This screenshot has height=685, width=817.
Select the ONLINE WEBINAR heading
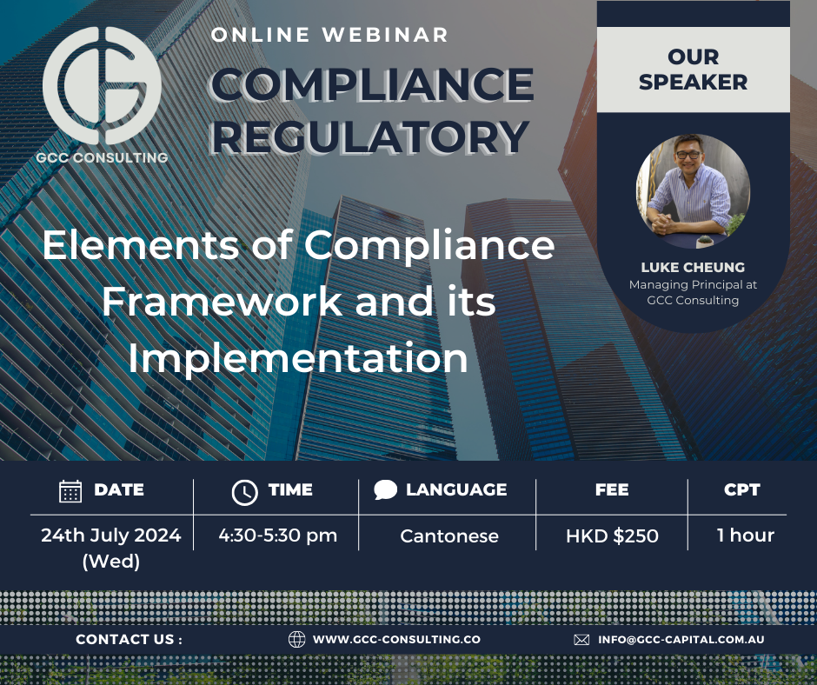click(x=330, y=36)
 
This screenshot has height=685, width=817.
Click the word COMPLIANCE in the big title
click(x=372, y=85)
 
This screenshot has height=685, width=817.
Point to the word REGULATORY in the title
click(x=369, y=136)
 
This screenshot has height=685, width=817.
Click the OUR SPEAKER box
click(x=694, y=70)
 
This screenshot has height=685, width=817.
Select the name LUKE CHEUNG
click(x=693, y=267)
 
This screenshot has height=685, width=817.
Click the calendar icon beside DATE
click(x=70, y=491)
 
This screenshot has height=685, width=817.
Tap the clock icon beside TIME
click(x=245, y=492)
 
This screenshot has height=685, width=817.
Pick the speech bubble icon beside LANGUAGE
click(x=385, y=490)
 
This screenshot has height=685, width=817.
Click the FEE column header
click(x=612, y=490)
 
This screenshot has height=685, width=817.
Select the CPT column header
click(x=741, y=490)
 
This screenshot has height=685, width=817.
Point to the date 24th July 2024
click(x=111, y=535)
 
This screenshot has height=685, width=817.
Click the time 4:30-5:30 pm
click(x=278, y=535)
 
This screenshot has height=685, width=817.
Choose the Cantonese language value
click(x=449, y=536)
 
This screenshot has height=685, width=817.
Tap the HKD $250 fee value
click(x=612, y=536)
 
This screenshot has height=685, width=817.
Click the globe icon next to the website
click(x=296, y=640)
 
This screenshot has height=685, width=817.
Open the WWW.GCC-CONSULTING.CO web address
click(x=396, y=640)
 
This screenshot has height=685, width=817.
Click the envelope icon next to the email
click(x=581, y=640)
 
